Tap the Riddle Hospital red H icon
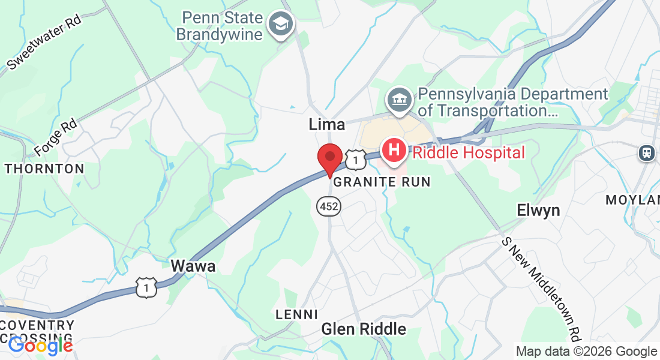point(394,149)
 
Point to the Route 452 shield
point(329,207)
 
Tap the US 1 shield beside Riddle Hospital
point(356,160)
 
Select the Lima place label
point(326,124)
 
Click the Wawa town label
point(193,266)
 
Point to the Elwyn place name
point(538,211)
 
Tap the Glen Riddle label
point(364,329)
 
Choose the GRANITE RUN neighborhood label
point(382,182)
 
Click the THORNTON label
point(45,169)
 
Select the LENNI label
point(296,314)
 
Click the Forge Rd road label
point(56,136)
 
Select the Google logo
point(41,345)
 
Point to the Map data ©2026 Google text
point(586,352)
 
